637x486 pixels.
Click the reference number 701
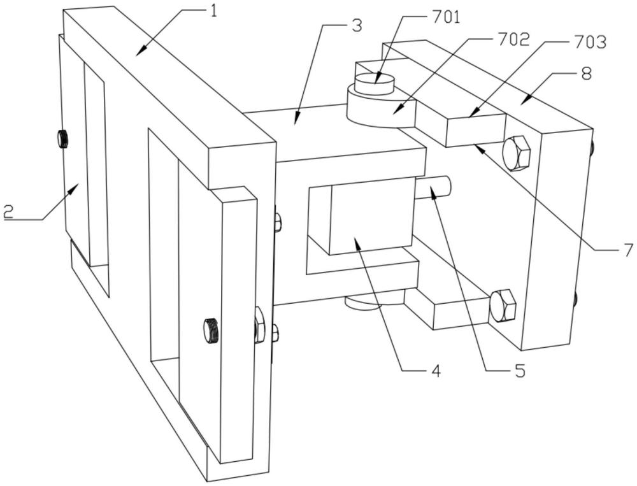[445, 18]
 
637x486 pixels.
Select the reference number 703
[590, 41]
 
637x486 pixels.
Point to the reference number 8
[586, 74]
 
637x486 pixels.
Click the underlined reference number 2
[8, 211]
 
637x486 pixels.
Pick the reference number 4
[436, 371]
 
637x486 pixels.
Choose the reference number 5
[520, 371]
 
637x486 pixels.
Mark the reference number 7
[629, 250]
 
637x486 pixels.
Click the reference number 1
[213, 11]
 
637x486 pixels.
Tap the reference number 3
[357, 25]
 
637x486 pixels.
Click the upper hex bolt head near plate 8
[516, 152]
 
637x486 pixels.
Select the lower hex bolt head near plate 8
[503, 306]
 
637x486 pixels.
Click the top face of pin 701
[374, 78]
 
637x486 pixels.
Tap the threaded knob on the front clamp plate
[211, 331]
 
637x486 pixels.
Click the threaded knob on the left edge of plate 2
[62, 139]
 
